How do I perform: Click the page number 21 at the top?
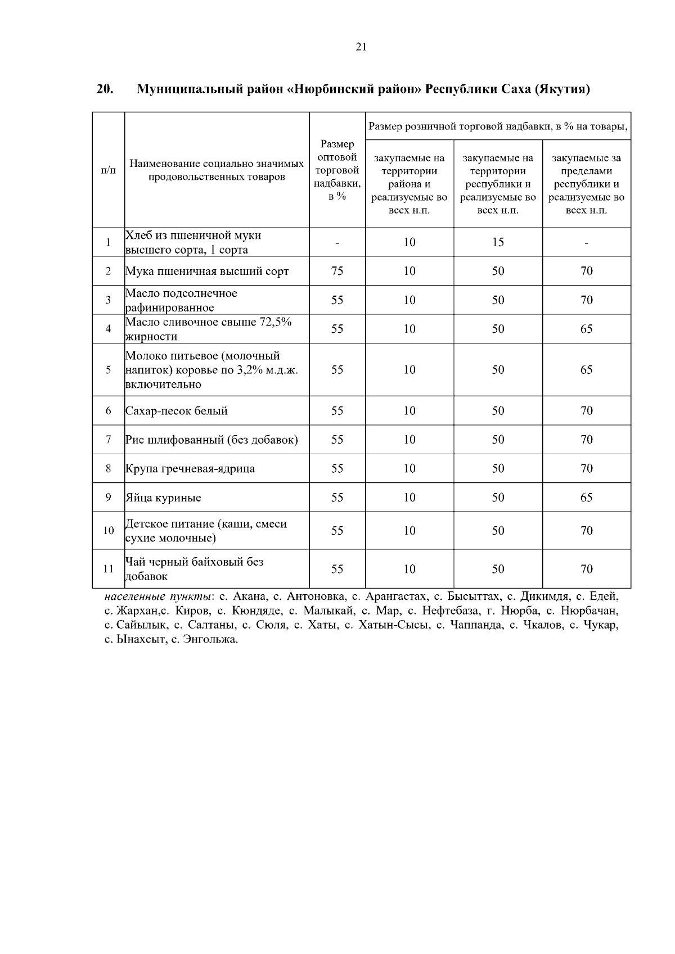point(361,47)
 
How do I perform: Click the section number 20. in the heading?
point(105,89)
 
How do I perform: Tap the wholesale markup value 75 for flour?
point(337,271)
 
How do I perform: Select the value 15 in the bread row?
point(498,242)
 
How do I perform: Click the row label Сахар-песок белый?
point(176,411)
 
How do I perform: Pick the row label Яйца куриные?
point(163,498)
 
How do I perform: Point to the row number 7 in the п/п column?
point(108,440)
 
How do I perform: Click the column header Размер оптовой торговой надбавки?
point(337,170)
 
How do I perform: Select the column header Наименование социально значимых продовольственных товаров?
point(217,170)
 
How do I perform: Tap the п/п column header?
point(108,170)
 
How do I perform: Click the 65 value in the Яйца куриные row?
point(586,498)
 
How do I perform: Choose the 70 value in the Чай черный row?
point(586,569)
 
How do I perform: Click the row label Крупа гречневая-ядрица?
point(190,469)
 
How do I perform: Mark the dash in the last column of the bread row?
point(586,243)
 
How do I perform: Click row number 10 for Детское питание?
point(108,530)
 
